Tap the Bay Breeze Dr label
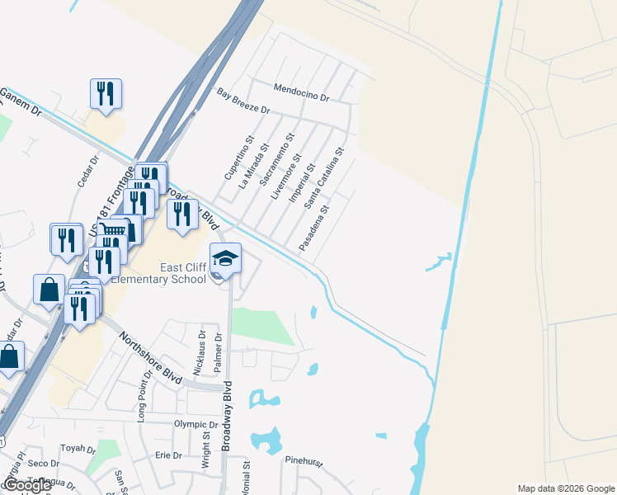click(x=243, y=103)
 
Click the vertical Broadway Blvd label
click(x=226, y=416)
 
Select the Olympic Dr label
click(x=195, y=425)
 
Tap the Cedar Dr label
click(x=87, y=168)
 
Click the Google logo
click(x=27, y=485)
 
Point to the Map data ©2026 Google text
click(x=565, y=488)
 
